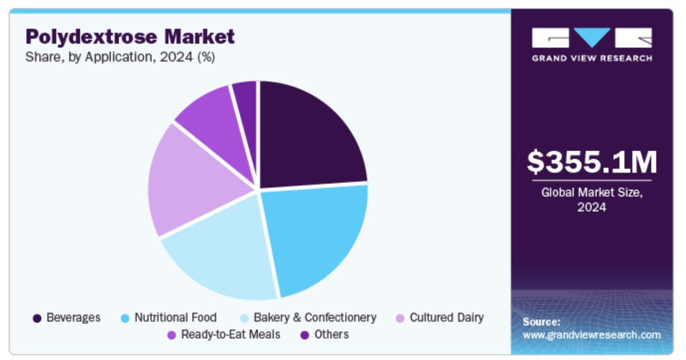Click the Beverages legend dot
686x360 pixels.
38,318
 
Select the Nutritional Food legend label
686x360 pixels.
175,318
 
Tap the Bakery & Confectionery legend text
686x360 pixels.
315,318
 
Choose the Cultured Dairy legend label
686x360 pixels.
446,318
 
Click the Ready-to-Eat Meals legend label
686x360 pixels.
230,334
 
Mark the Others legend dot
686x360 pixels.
305,335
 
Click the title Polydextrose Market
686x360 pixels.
130,36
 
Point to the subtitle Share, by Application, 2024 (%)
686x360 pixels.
120,57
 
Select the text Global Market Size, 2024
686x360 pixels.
591,199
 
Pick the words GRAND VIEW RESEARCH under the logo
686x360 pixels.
591,58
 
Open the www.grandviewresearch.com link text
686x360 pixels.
591,335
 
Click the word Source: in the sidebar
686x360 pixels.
541,322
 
